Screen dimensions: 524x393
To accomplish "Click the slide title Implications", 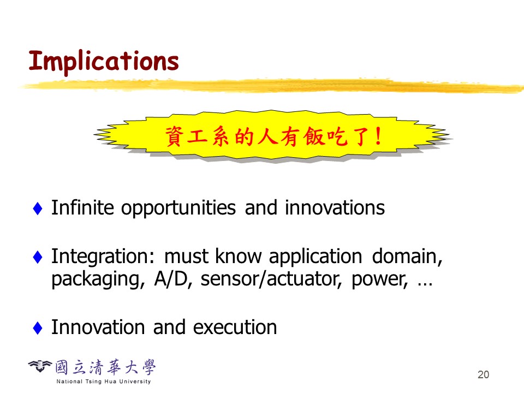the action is click(104, 61).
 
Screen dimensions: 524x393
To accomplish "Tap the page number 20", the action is click(483, 374).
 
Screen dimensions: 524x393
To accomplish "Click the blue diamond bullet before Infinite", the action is click(38, 209).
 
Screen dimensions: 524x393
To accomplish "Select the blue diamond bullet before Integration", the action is click(38, 257).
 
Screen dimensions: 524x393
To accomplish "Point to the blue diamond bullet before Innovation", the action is click(38, 328).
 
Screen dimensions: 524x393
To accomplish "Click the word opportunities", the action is click(178, 209).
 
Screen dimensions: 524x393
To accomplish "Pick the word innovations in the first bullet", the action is click(335, 208).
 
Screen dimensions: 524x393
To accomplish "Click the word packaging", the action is click(98, 280).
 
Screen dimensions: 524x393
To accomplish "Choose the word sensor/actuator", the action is click(271, 279).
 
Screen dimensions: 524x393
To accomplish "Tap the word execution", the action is click(235, 327).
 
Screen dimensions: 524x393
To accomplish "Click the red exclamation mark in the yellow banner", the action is click(378, 136).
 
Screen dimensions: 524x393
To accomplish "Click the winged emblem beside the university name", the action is click(40, 366).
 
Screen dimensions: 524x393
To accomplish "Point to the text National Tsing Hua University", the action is click(104, 382).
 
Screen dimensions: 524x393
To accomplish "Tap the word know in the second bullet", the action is click(239, 257).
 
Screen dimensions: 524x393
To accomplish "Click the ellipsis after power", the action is click(425, 285).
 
